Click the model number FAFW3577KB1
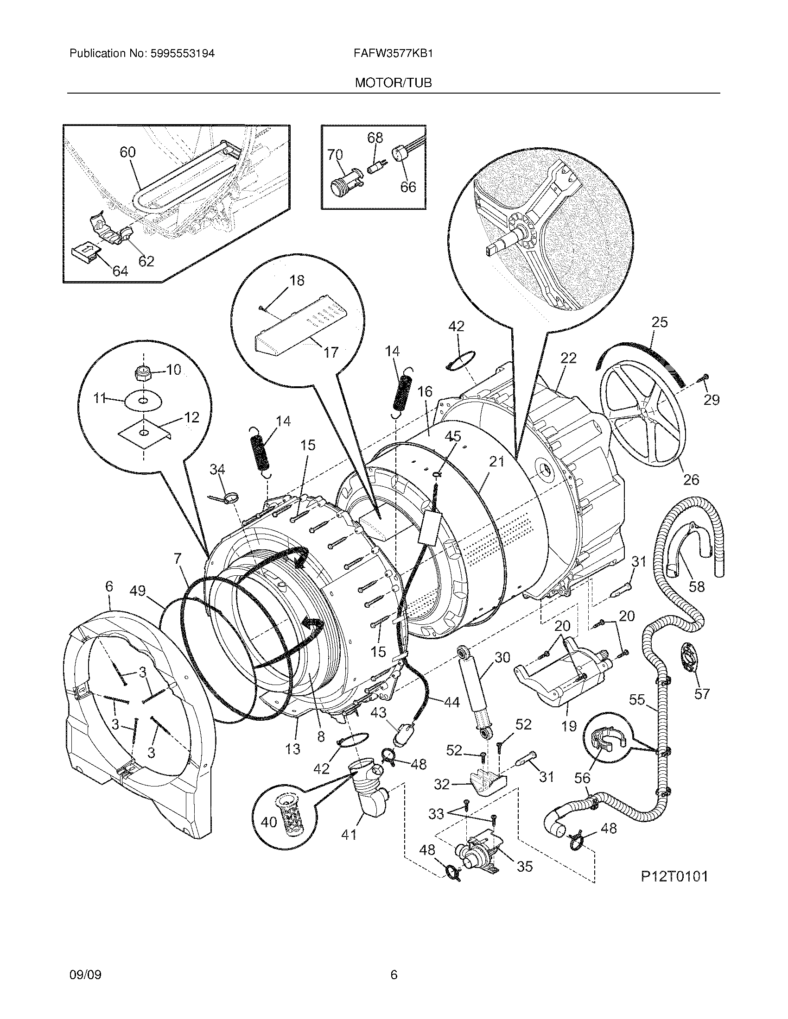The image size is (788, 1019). (394, 53)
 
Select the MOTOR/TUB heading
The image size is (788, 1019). (393, 83)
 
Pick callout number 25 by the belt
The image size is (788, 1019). (660, 322)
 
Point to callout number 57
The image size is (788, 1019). (702, 694)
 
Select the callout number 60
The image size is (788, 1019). (127, 152)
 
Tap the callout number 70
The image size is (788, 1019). (335, 154)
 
